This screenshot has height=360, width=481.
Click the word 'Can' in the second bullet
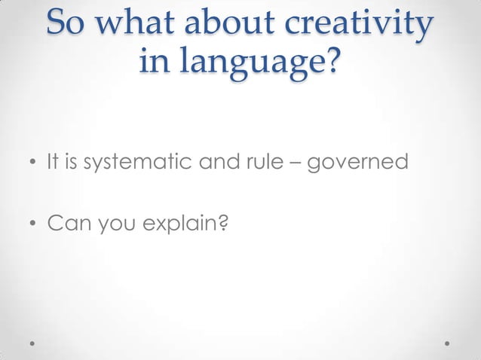(x=65, y=223)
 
